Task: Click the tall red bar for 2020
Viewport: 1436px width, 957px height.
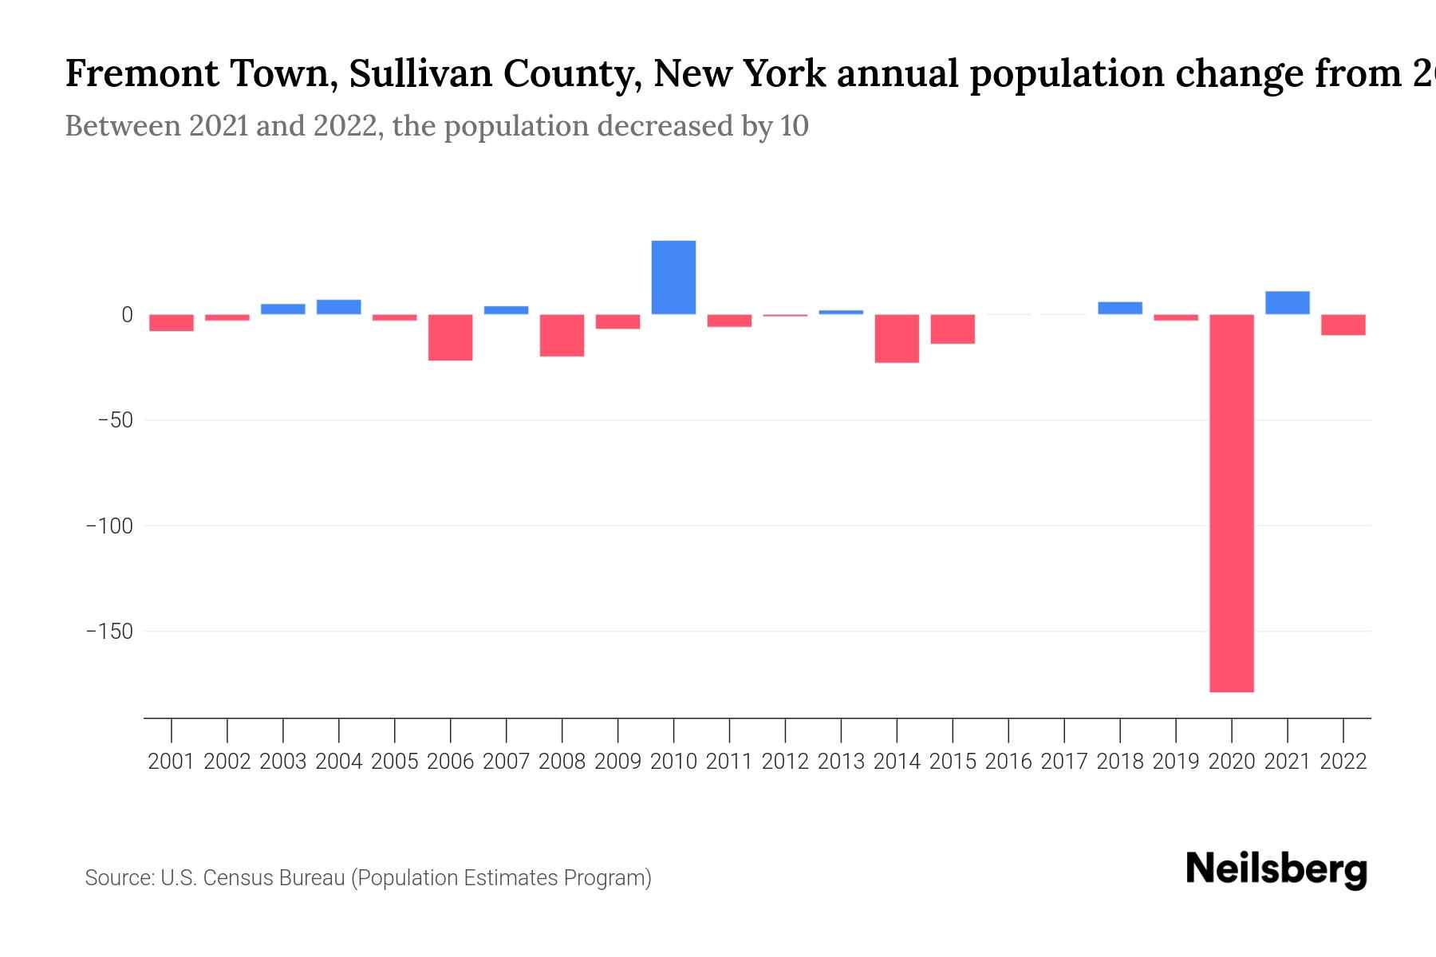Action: (1232, 502)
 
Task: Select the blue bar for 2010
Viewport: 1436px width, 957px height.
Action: (673, 278)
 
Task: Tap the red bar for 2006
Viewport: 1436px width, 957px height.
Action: (450, 337)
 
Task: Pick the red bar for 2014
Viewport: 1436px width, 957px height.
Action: (897, 339)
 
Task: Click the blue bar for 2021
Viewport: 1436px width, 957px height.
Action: (1287, 303)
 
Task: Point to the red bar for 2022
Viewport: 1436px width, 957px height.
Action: (1343, 325)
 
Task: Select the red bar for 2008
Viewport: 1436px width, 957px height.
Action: (562, 335)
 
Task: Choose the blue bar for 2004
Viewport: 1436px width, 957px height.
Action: (338, 307)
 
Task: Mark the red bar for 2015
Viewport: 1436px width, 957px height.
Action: (953, 329)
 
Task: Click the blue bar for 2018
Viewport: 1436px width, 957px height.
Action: (1119, 308)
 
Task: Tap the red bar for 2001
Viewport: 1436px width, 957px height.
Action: (172, 322)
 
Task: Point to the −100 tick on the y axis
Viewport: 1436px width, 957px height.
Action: (109, 526)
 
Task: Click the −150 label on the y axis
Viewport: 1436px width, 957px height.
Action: (109, 632)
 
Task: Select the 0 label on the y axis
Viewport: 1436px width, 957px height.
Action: (126, 315)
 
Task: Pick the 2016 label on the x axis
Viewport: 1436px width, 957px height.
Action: (1008, 762)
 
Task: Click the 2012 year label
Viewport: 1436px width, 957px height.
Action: (785, 762)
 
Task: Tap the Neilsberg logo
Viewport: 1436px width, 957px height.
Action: (1276, 869)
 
